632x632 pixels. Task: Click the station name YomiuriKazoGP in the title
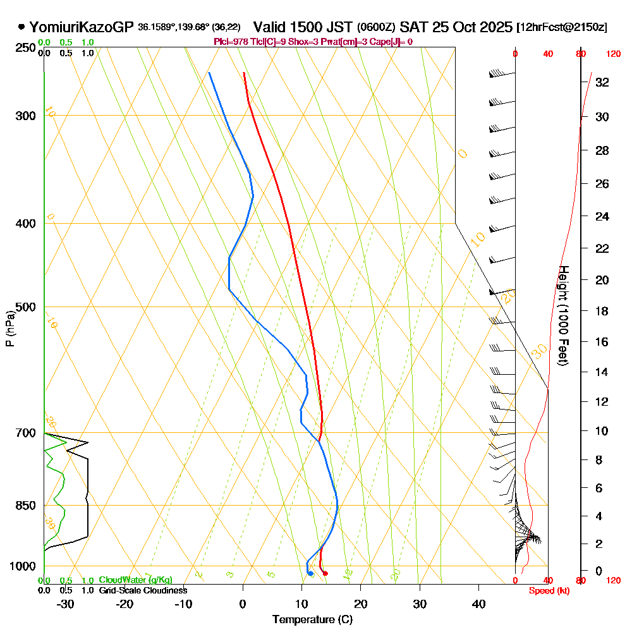82,27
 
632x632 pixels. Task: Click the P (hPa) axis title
9,329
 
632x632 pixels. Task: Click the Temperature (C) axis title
312,619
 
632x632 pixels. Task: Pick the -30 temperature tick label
65,604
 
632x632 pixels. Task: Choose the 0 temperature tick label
243,604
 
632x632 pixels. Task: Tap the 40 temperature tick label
478,604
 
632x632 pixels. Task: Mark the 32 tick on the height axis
602,82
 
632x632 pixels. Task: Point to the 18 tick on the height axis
602,311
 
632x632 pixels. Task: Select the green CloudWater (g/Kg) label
135,580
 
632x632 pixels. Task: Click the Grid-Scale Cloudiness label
143,590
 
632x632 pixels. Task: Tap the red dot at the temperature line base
325,573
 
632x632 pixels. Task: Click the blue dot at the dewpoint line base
310,573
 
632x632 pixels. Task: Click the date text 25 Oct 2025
469,27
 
